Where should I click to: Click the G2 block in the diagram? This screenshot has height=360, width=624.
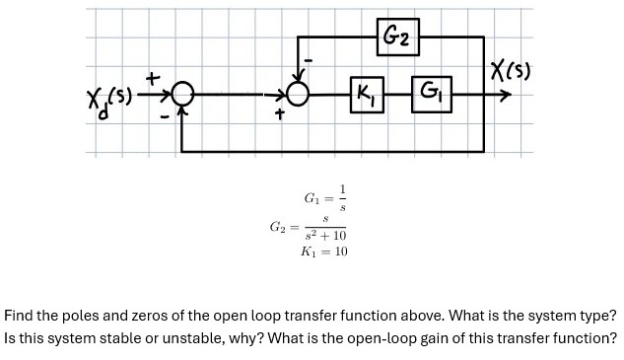click(397, 37)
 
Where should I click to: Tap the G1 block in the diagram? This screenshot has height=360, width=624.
click(431, 95)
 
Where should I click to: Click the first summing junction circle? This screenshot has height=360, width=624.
click(180, 96)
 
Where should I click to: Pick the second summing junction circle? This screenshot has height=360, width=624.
click(298, 96)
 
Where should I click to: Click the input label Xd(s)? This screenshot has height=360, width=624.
click(109, 99)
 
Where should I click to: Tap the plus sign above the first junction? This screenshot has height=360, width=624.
click(153, 75)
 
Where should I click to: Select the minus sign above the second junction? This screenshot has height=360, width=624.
click(309, 61)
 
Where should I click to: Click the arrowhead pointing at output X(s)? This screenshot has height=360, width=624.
click(505, 96)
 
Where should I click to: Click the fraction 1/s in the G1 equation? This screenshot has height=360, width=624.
click(342, 197)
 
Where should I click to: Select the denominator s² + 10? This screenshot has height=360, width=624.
click(324, 236)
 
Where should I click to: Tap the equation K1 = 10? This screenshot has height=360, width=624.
click(324, 252)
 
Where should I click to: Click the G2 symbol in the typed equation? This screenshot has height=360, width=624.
click(279, 228)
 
